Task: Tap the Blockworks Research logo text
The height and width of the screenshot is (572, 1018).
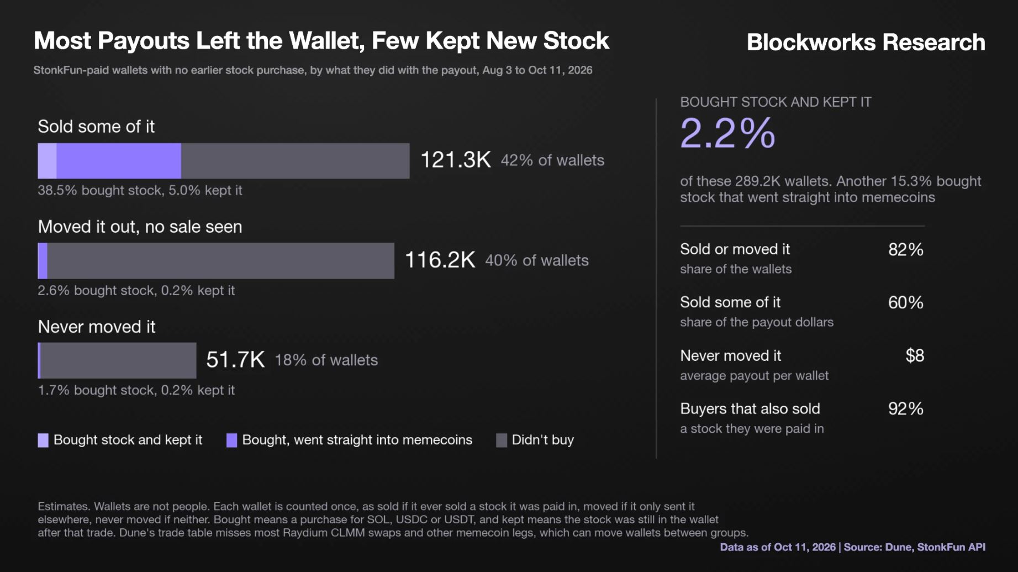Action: coord(866,42)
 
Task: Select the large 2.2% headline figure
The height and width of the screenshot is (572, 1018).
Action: coord(727,133)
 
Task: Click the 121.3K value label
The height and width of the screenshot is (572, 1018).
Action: coord(456,160)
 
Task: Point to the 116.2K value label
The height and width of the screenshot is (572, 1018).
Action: coord(440,260)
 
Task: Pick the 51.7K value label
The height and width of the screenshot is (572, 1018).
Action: coord(235,360)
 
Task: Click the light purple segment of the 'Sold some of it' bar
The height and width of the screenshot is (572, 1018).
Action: coord(47,161)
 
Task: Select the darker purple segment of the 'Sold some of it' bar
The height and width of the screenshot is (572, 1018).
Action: coord(119,161)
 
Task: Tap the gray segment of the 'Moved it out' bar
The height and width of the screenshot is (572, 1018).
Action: coord(221,261)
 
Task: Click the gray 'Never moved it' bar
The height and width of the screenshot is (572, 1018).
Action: coord(118,360)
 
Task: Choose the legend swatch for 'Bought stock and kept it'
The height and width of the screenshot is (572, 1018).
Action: coord(43,440)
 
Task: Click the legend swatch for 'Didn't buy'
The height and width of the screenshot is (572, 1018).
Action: coord(502,440)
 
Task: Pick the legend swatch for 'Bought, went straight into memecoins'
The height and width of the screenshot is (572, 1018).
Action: coord(232,440)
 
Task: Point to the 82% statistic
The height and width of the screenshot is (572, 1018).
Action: coord(906,249)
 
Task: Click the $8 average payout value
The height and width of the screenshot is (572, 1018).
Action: coord(915,355)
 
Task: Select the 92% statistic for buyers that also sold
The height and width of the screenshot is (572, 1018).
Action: coord(906,408)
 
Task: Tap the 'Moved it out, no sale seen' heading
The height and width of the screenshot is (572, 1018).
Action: coord(140,227)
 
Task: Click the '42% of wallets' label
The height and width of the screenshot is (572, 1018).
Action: coord(552,160)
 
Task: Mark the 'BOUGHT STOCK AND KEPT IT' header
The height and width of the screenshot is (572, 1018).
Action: coord(776,102)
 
